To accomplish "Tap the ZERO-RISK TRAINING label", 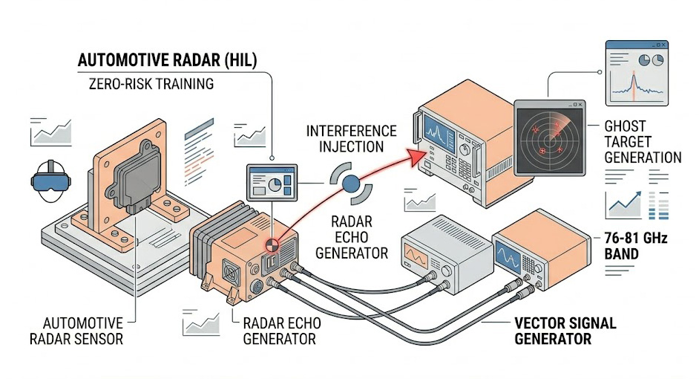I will coord(145,84).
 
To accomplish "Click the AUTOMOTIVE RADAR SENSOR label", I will coord(82,331).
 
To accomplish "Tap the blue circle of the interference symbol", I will coord(349,181).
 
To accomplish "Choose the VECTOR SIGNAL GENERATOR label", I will coord(565,331).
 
